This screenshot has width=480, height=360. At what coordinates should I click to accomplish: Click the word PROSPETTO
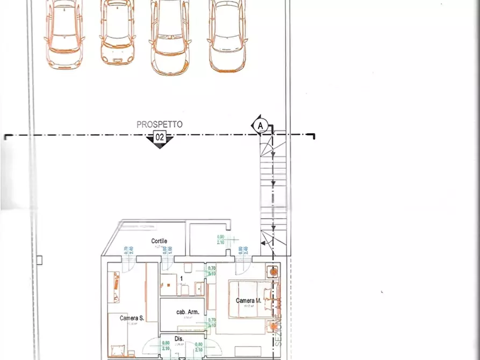(x=159, y=125)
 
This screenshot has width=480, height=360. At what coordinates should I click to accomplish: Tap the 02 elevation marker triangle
(x=160, y=139)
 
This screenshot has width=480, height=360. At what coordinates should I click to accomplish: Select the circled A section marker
(x=260, y=126)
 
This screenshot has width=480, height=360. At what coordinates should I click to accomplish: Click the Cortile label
(x=159, y=241)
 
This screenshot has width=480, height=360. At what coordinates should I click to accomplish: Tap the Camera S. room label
(x=132, y=318)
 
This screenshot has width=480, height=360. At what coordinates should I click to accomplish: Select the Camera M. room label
(x=248, y=301)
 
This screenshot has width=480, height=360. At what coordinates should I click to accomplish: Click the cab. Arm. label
(x=188, y=312)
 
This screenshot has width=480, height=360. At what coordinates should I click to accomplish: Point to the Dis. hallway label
(x=179, y=339)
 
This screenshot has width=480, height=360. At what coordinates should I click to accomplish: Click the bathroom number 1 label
(x=182, y=278)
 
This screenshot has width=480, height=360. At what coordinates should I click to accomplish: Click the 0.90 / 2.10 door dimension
(x=221, y=240)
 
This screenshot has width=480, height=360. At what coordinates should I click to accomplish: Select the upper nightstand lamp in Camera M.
(x=274, y=272)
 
